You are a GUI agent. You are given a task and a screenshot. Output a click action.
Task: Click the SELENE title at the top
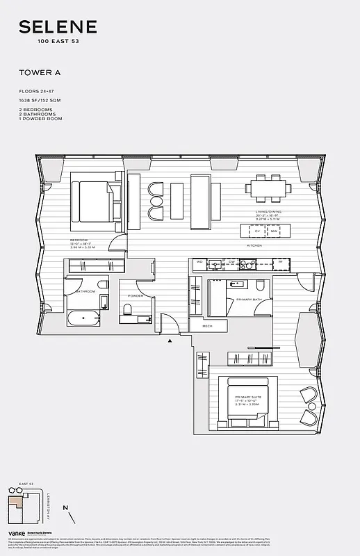tap(58, 28)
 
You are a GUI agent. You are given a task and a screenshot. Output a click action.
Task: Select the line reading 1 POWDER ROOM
tap(41, 119)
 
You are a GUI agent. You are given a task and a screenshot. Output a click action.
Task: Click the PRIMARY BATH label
tap(249, 300)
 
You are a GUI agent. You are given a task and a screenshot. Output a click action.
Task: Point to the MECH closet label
tap(207, 325)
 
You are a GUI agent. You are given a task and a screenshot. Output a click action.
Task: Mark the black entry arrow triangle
tap(169, 341)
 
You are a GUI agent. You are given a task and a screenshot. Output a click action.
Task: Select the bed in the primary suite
tap(244, 400)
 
